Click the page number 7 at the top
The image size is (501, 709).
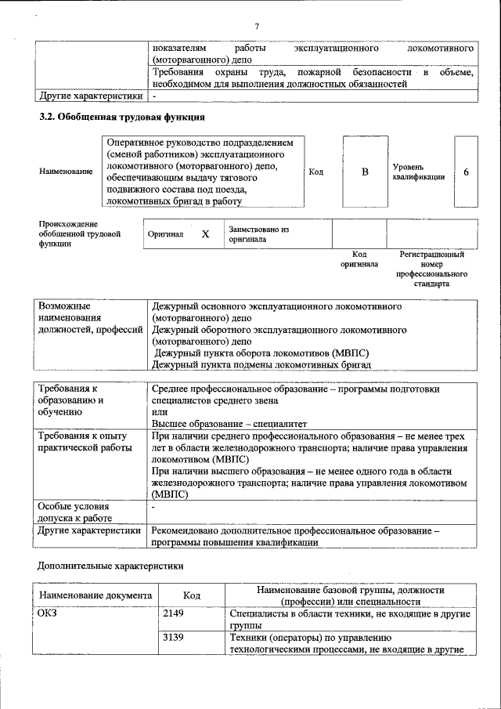click(257, 26)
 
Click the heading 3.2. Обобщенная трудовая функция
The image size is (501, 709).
click(122, 118)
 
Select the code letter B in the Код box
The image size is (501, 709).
click(364, 172)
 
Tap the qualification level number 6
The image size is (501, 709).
click(466, 172)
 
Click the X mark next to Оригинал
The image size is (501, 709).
click(205, 234)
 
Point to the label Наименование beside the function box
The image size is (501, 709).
click(65, 172)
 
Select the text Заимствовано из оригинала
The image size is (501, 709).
click(259, 234)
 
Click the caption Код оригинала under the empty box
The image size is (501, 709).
click(359, 259)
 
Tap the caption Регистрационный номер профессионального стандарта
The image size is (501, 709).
click(431, 269)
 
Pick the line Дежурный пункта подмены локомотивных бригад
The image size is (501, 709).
click(260, 364)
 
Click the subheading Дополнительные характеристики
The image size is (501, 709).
click(110, 565)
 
